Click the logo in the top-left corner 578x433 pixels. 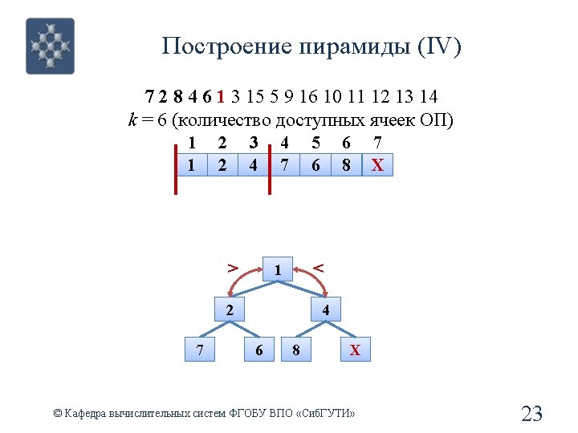point(50,46)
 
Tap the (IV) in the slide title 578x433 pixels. point(439,47)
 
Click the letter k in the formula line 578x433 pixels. point(132,121)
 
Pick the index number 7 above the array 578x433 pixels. point(377,144)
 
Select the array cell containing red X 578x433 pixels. point(377,165)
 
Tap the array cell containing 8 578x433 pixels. point(346,165)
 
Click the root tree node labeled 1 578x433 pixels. point(277,271)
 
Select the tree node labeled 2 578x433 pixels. point(230,310)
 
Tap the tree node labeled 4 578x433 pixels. point(325,310)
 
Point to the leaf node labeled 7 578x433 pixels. point(200,350)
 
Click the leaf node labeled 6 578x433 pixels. point(258,350)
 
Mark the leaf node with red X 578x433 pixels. point(356,350)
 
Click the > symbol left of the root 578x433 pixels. point(232,266)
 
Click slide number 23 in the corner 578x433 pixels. point(531,414)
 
